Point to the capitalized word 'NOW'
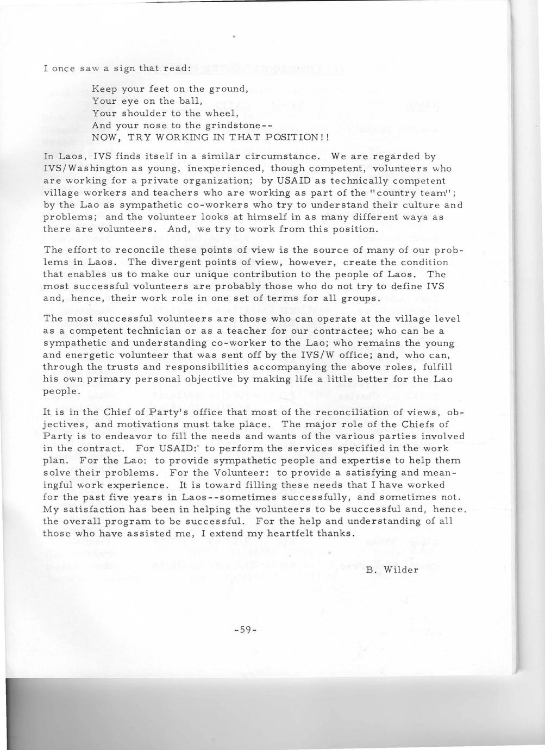105,138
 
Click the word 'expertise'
366,460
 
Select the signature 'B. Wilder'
391,570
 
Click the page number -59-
245,630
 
